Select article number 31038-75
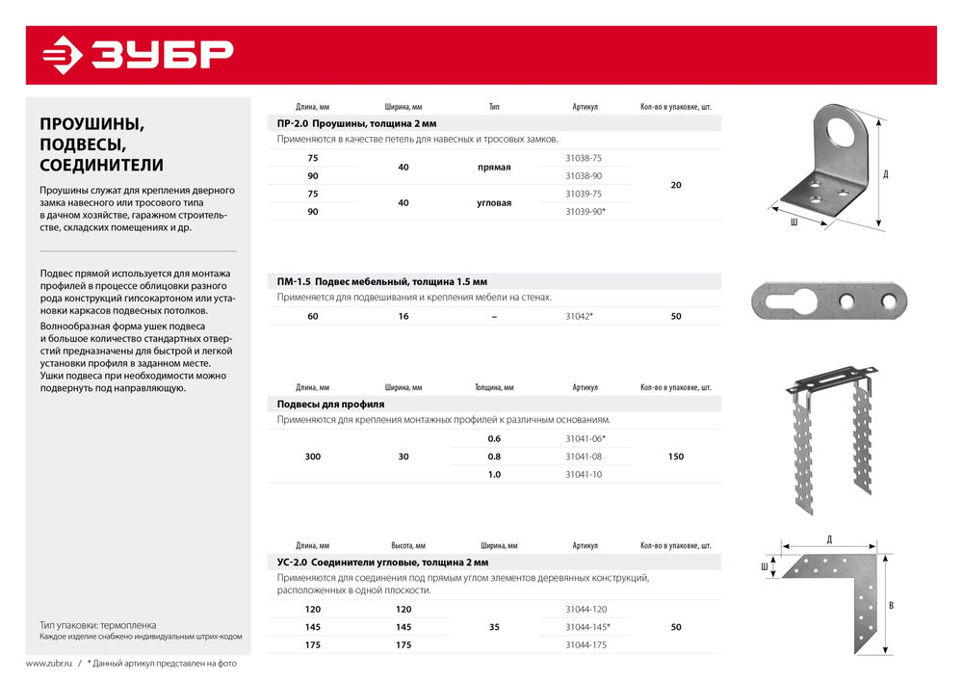pos(584,158)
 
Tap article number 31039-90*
pos(586,211)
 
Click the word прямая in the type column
pos(494,168)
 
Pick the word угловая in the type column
pos(494,203)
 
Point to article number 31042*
pos(580,316)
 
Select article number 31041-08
pos(584,457)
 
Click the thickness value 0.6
pos(494,439)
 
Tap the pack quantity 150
pos(676,457)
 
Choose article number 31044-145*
pos(587,627)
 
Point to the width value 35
pos(494,627)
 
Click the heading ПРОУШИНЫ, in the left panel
pos(91,123)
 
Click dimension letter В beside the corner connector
pos(891,606)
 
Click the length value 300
pos(312,457)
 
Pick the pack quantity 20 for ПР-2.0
pos(676,185)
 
